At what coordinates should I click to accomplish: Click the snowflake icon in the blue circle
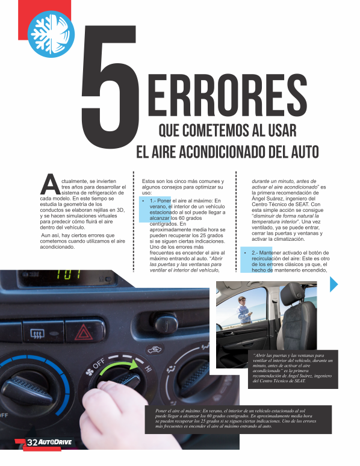pyautogui.click(x=51, y=34)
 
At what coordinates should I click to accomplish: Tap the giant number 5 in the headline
pyautogui.click(x=110, y=87)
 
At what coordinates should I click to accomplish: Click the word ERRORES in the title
pyautogui.click(x=227, y=95)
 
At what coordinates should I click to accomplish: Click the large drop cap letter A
pyautogui.click(x=51, y=184)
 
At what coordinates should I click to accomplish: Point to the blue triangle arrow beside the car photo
pyautogui.click(x=334, y=284)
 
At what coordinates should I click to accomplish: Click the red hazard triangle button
pyautogui.click(x=84, y=332)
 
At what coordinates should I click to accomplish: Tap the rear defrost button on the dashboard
pyautogui.click(x=37, y=334)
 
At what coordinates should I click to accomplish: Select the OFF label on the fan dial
pyautogui.click(x=99, y=364)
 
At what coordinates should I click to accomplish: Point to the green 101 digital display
pyautogui.click(x=69, y=274)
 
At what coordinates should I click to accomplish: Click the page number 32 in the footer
pyautogui.click(x=32, y=443)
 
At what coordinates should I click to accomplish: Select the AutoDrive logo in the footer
pyautogui.click(x=55, y=443)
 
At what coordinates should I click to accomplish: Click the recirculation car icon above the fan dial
pyautogui.click(x=155, y=349)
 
